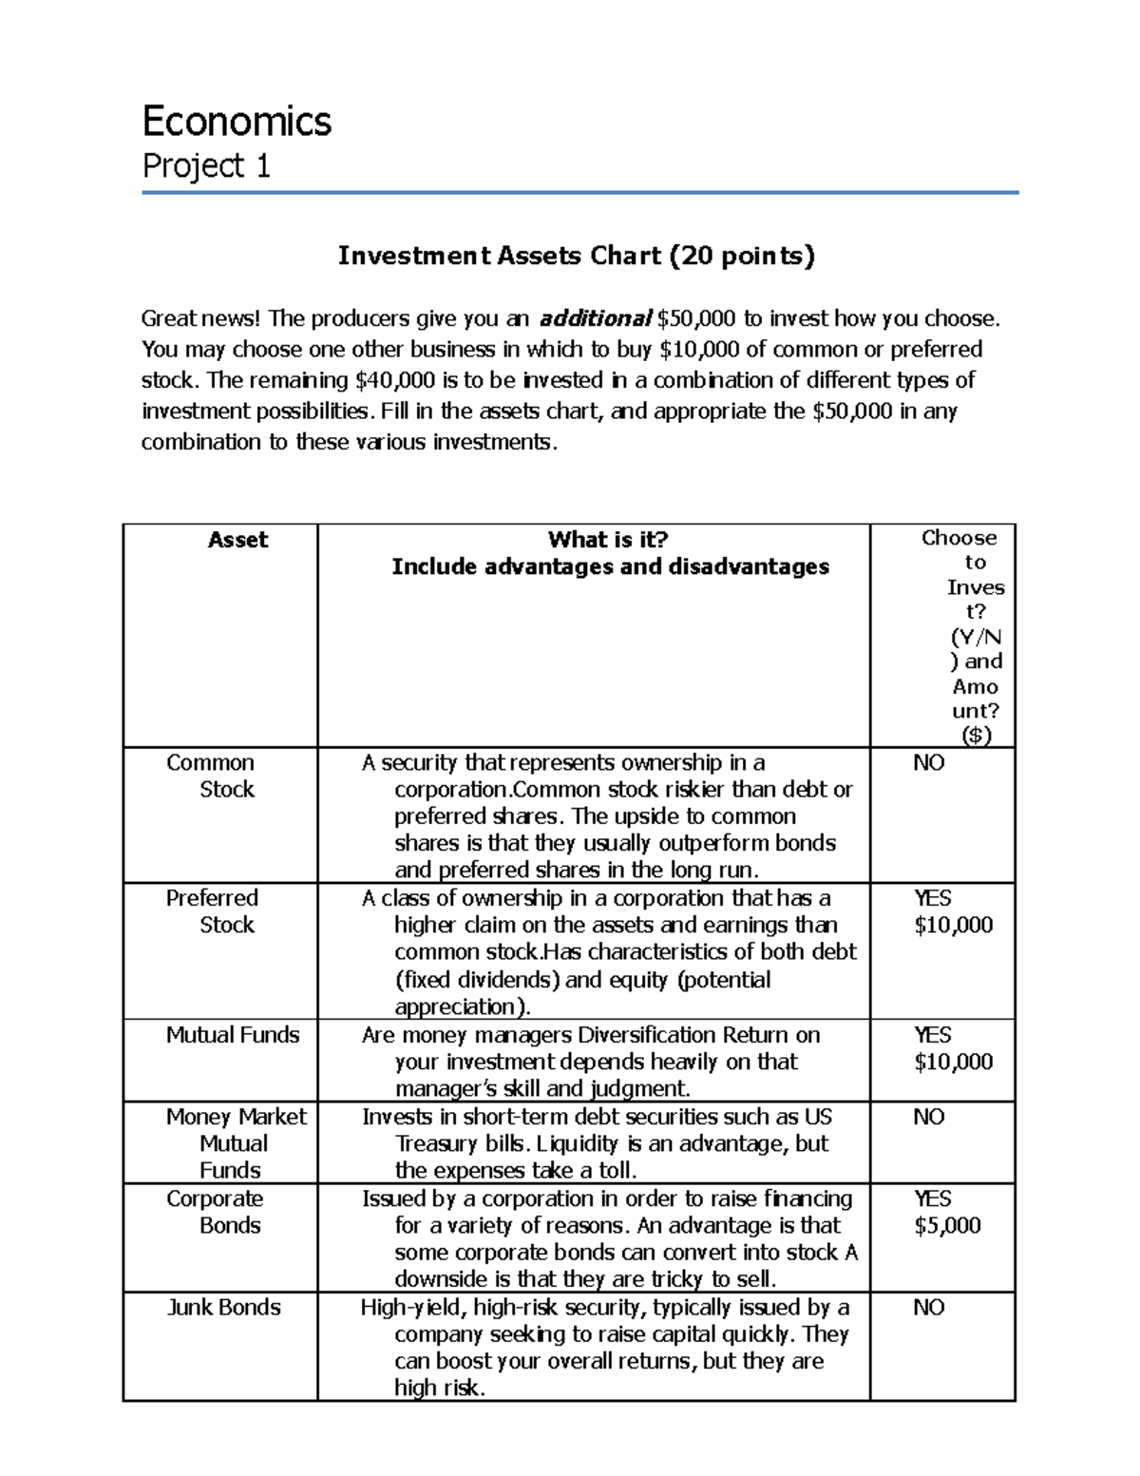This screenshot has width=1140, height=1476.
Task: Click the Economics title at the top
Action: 237,122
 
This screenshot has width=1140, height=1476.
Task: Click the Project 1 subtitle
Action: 206,166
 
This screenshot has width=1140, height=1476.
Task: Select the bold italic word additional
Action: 595,318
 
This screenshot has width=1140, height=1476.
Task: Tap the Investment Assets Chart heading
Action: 577,256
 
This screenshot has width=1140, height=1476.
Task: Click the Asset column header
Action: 237,540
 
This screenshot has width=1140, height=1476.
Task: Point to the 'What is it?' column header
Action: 608,540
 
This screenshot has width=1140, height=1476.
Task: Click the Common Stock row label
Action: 211,776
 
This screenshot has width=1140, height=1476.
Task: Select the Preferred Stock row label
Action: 211,911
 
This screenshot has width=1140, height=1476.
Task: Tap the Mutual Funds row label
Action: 233,1035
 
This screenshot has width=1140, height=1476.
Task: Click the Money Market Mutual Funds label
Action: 236,1143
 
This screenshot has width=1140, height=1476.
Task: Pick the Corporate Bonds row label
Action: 215,1212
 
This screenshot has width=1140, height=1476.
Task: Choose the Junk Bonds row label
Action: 224,1308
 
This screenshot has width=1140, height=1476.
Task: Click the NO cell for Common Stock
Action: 928,763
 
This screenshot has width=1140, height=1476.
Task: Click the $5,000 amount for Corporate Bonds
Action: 947,1226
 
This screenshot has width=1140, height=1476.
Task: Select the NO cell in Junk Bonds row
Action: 928,1308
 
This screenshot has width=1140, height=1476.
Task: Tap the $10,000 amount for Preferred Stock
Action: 953,926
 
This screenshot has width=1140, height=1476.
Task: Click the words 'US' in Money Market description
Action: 818,1117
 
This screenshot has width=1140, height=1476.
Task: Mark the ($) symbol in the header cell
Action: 976,736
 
